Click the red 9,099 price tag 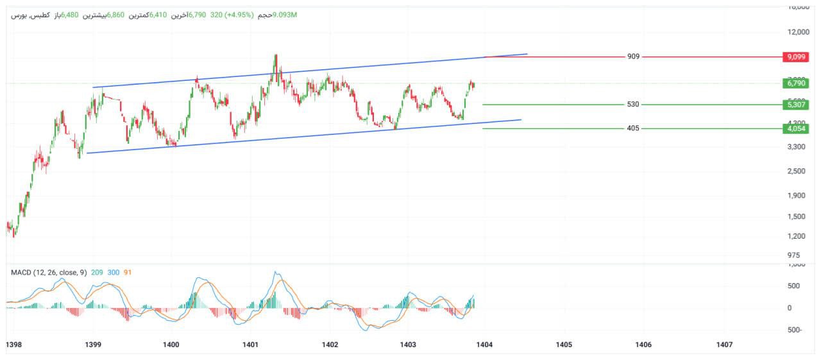(x=797, y=57)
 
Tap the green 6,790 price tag (x=797, y=83)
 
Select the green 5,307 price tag (x=797, y=105)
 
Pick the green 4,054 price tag (x=797, y=128)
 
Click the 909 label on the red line (x=633, y=56)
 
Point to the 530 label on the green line (x=633, y=104)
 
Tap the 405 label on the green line (x=633, y=128)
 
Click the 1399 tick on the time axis (x=94, y=345)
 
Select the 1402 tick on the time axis (x=330, y=345)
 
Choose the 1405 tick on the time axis (x=564, y=345)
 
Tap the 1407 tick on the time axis (x=724, y=345)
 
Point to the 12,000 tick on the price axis (x=798, y=32)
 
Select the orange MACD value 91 (x=128, y=273)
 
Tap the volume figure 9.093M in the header (x=285, y=14)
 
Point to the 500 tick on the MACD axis (x=793, y=286)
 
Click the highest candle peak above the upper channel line (x=275, y=56)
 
